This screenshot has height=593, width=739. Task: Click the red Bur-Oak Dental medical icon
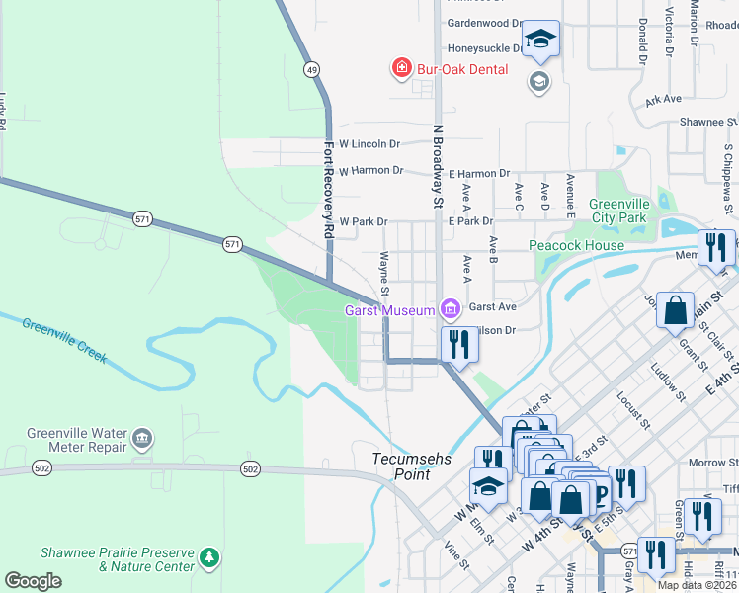(x=402, y=69)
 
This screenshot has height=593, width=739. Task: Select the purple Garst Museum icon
(x=452, y=310)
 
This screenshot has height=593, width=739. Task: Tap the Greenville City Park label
(x=617, y=211)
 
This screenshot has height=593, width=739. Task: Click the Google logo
(x=33, y=581)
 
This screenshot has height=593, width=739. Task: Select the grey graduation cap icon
(x=539, y=81)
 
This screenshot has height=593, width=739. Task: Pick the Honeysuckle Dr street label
(x=485, y=47)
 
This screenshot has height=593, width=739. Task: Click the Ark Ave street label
(x=663, y=100)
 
